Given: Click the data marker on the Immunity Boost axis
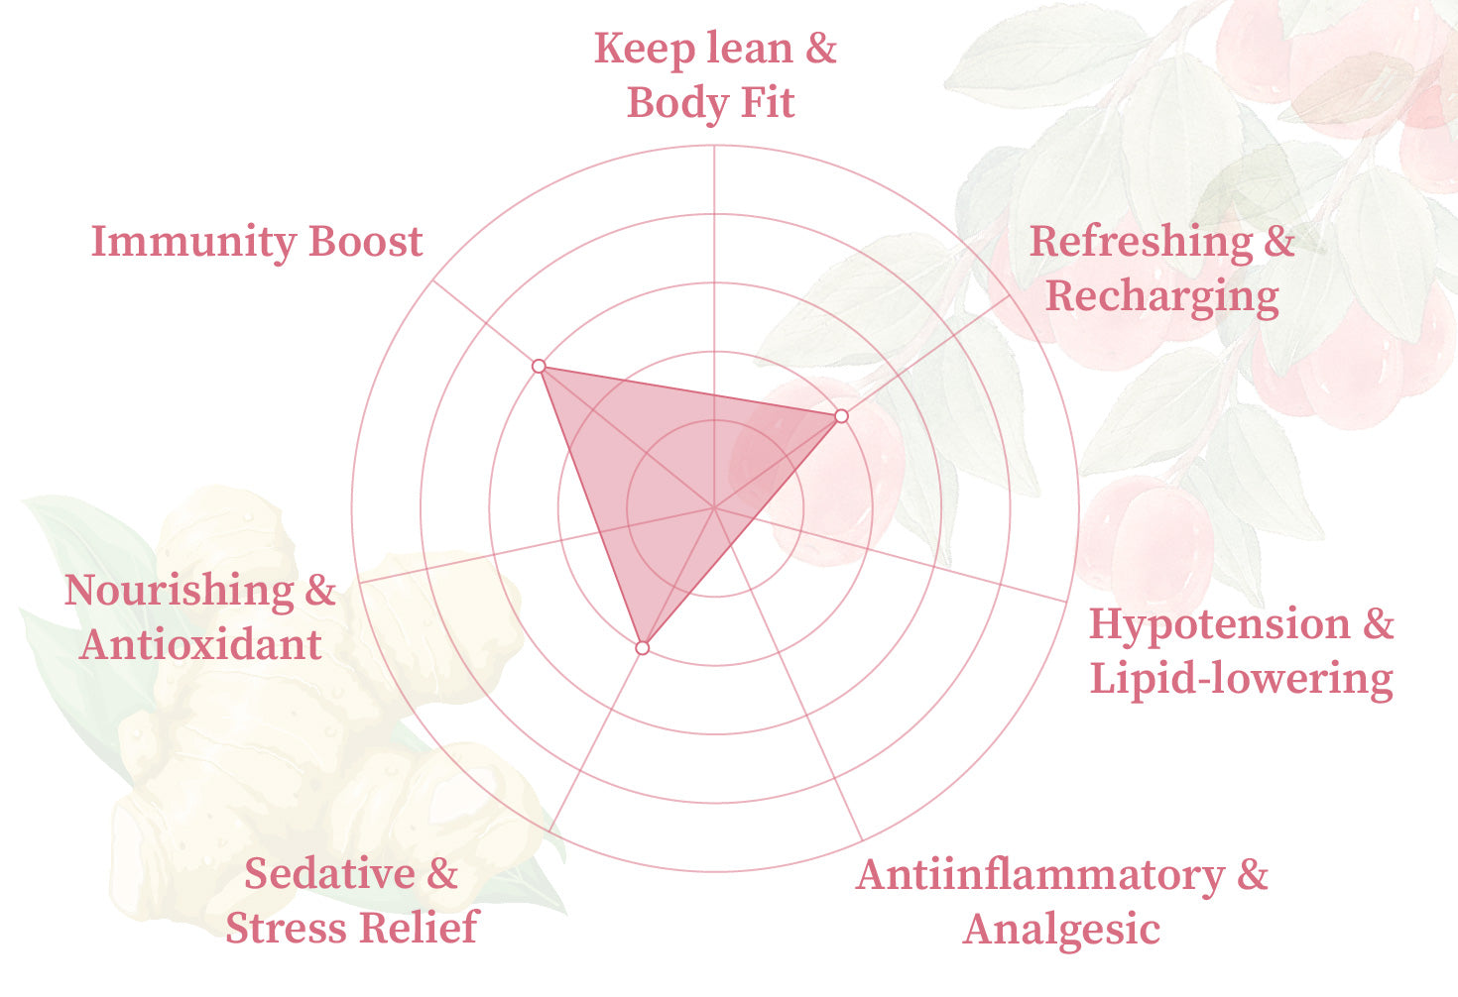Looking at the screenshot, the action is (539, 366).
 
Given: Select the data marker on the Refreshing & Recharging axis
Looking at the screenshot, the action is (841, 415).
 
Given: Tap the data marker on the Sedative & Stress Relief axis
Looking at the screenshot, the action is (643, 648).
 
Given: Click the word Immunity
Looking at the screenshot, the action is (193, 243).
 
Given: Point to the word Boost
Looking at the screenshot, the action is (366, 241).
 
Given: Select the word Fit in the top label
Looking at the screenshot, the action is (768, 102).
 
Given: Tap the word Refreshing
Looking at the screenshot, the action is (1142, 243).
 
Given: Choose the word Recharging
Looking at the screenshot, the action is (1161, 297).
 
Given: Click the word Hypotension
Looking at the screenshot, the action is (1220, 625).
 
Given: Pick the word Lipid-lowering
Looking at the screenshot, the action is (1241, 680).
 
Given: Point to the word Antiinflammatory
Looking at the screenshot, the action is (1040, 875).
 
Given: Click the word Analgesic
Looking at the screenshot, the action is (1061, 930).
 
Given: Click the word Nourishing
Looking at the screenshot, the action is (179, 592).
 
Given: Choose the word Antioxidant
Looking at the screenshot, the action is (200, 644).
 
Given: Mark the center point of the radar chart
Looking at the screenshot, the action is (715, 507).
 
